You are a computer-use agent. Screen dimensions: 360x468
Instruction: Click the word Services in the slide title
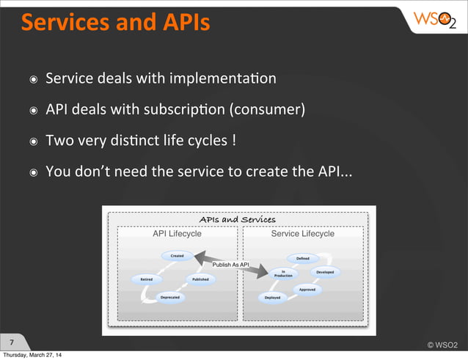click(60, 23)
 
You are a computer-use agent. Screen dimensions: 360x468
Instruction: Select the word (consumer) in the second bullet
click(267, 110)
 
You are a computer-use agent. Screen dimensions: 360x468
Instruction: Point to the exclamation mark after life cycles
click(233, 141)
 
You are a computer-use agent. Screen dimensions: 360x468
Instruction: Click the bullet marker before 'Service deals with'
click(32, 78)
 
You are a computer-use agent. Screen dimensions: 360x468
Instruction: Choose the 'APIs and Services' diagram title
click(238, 219)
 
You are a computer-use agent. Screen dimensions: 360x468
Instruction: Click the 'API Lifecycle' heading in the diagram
click(177, 234)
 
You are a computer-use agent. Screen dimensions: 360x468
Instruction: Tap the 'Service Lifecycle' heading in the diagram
click(302, 234)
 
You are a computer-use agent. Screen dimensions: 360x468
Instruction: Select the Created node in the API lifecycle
click(178, 256)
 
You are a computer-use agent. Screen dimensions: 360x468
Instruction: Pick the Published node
click(200, 279)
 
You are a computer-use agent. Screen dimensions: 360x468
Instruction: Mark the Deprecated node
click(169, 298)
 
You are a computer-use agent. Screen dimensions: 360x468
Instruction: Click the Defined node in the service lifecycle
click(302, 258)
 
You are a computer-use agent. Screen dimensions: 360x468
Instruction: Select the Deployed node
click(272, 298)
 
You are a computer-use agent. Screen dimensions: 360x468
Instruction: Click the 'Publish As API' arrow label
click(230, 265)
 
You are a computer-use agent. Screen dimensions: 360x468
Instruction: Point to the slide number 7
click(12, 342)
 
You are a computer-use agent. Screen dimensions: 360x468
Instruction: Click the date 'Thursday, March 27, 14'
click(32, 356)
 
